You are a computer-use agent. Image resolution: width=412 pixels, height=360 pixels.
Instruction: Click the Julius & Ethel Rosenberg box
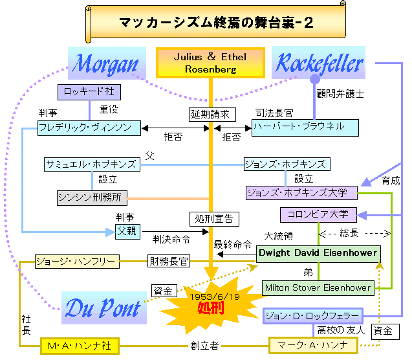coord(210,63)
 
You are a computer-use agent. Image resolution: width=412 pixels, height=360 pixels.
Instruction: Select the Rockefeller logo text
coord(320,63)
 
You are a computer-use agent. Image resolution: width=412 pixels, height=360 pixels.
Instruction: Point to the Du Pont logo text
coord(103,308)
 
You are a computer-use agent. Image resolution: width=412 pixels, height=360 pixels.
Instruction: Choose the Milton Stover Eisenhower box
coord(318,287)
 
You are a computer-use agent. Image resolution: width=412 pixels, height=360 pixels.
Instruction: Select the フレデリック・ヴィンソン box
coord(90,128)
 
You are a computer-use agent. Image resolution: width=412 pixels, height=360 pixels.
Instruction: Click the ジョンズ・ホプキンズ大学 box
coord(301,192)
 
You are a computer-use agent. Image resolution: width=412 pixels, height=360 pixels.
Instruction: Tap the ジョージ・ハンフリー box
coord(76,262)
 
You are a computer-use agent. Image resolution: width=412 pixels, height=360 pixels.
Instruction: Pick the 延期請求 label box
coord(209,114)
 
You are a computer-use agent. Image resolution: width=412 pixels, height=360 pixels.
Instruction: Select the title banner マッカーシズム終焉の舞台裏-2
coord(216,23)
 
